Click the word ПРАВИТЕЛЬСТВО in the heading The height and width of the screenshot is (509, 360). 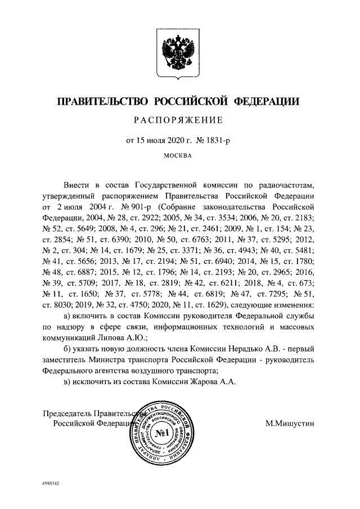[x=100, y=101]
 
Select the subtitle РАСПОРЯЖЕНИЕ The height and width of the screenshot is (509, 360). [x=178, y=120]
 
